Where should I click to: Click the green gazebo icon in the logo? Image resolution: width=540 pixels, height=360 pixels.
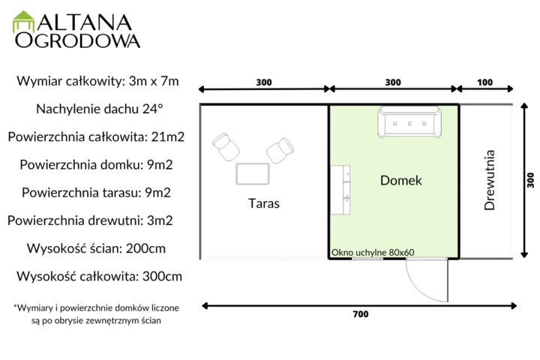coord(23,21)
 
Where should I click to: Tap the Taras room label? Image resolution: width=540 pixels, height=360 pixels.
coord(264,203)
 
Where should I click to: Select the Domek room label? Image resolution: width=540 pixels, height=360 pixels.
coord(400,180)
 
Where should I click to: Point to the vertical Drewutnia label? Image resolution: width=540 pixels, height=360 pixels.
coord(489,180)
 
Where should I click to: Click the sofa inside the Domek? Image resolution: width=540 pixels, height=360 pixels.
coord(409,122)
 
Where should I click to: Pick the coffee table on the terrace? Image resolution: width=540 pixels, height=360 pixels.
coord(253,174)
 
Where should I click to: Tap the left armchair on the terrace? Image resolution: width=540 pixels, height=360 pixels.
coord(226,147)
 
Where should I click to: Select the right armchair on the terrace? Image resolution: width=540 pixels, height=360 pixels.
coord(280,150)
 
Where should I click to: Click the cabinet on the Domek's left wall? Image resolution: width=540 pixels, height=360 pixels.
coord(340,190)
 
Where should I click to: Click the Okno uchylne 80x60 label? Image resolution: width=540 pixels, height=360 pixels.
coord(373,253)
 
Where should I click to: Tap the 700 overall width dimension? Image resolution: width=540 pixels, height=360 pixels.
coord(361,314)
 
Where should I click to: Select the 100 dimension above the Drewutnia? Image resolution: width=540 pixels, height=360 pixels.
coord(484,82)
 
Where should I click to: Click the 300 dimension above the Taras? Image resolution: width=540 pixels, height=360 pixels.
coord(264,82)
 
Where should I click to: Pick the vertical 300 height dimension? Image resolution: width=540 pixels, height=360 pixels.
coord(531,180)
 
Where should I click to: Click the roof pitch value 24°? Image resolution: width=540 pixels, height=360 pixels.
coord(152,109)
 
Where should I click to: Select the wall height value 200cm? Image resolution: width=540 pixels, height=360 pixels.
coord(145,248)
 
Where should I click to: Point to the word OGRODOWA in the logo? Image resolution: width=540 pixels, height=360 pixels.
coord(77,40)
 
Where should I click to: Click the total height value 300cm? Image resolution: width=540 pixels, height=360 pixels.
coord(162,276)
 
